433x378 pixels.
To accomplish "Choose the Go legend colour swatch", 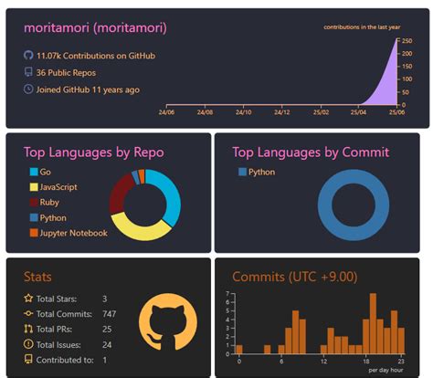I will pos(35,172).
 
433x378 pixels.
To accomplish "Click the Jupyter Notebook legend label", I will pos(74,233).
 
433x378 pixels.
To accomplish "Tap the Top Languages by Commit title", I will pos(310,152).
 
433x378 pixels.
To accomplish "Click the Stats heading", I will pos(37,276).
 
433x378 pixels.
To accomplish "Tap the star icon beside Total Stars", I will pos(28,299).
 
